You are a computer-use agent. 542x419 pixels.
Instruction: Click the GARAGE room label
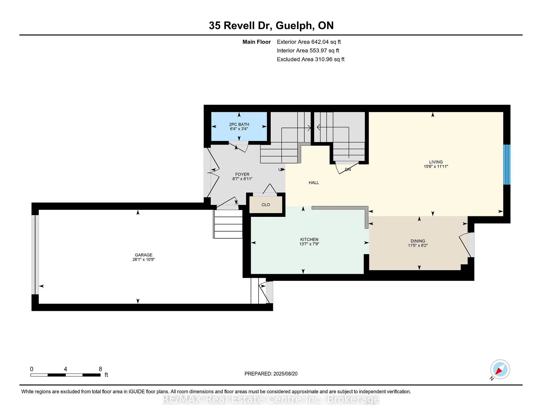pyautogui.click(x=143, y=255)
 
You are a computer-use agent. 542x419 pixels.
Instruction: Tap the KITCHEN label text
pyautogui.click(x=309, y=239)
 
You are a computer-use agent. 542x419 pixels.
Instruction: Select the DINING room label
pyautogui.click(x=418, y=241)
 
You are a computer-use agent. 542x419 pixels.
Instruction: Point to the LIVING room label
pyautogui.click(x=436, y=162)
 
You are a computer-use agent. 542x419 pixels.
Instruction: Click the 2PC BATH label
pyautogui.click(x=239, y=125)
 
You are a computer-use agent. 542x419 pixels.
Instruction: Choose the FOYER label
pyautogui.click(x=242, y=174)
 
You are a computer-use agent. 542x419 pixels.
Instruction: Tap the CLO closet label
pyautogui.click(x=266, y=205)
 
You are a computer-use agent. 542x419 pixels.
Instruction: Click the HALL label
pyautogui.click(x=314, y=183)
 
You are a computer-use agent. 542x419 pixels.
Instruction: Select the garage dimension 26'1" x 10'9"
pyautogui.click(x=144, y=259)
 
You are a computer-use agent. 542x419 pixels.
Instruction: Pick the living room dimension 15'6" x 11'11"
pyautogui.click(x=436, y=167)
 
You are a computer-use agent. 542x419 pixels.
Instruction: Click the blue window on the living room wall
pyautogui.click(x=507, y=165)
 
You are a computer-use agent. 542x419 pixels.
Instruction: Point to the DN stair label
pyautogui.click(x=348, y=170)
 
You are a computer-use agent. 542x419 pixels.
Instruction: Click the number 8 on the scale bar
pyautogui.click(x=100, y=369)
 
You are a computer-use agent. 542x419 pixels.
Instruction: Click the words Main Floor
pyautogui.click(x=257, y=42)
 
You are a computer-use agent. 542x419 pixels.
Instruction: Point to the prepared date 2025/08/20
pyautogui.click(x=285, y=374)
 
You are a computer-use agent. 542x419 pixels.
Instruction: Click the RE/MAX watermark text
pyautogui.click(x=271, y=400)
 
